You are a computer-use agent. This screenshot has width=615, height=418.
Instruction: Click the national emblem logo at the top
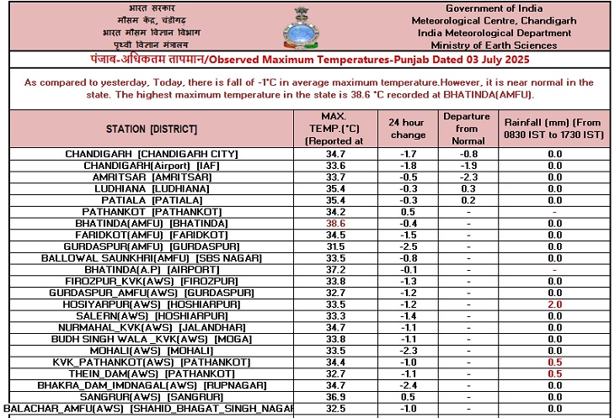coord(307,25)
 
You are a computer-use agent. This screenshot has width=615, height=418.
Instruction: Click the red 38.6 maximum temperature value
coord(336,223)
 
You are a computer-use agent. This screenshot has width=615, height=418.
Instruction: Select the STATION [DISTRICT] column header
coord(152,129)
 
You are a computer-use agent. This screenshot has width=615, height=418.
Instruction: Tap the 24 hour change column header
coord(408,129)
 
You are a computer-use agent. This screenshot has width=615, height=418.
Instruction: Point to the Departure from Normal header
coord(467,129)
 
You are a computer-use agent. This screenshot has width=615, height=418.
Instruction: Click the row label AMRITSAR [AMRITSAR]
coord(152,177)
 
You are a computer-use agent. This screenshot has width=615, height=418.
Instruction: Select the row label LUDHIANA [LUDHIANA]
coord(152,189)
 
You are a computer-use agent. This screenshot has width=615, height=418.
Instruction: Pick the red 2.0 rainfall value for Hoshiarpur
coord(554,304)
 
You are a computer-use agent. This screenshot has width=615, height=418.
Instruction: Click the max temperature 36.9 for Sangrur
coord(336,395)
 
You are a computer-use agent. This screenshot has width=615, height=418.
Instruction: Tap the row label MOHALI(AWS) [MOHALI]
coord(152,349)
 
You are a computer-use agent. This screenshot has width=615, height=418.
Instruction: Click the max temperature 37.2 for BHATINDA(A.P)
coord(336,269)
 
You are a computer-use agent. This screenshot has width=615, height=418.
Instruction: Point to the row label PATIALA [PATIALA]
coord(152,200)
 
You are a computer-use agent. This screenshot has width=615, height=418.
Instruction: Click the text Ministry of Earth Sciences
coord(500,45)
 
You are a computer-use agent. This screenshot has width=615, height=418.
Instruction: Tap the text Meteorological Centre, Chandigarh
coord(500,20)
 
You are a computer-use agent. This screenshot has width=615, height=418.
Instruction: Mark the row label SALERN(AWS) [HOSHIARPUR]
coord(152,315)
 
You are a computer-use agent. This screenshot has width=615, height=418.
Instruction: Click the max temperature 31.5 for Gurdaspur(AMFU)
coord(336,246)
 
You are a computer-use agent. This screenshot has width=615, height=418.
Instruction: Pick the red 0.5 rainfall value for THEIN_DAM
coord(554,373)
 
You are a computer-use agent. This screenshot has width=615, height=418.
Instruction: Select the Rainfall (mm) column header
coord(554,129)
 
